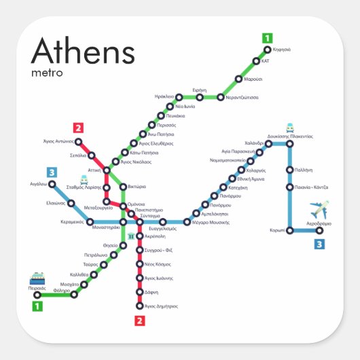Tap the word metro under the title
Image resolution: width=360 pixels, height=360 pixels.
[x=47, y=71]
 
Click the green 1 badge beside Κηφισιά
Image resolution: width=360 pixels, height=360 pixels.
[x=268, y=38]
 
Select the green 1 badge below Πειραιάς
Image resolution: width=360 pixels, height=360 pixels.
[x=38, y=306]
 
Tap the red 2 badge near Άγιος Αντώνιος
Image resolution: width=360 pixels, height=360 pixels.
[x=78, y=127]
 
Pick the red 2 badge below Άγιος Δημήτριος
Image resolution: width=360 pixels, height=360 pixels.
[x=140, y=321]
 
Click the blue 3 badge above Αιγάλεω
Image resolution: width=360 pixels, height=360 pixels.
[x=51, y=172]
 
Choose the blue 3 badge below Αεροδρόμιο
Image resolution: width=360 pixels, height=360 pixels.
[x=319, y=244]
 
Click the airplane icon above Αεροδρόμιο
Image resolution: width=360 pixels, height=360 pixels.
[x=318, y=209]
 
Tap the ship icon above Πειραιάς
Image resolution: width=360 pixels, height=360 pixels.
[x=37, y=278]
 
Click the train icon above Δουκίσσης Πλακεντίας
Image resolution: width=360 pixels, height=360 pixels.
[x=290, y=127]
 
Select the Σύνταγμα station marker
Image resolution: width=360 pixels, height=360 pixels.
[x=140, y=222]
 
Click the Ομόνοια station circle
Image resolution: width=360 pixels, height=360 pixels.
[x=123, y=205]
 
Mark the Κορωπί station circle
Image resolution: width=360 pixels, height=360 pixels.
[x=290, y=230]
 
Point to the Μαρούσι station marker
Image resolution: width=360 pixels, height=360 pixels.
[x=238, y=79]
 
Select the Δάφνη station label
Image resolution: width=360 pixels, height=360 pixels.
[x=151, y=292]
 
